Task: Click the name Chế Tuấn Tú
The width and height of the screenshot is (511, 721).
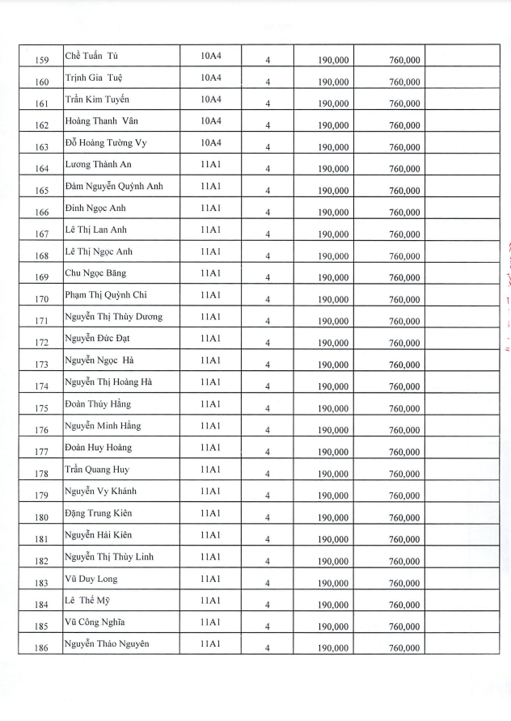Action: (99, 56)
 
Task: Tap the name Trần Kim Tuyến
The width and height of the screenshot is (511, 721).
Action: (97, 99)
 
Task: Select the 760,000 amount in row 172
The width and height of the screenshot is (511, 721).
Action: (404, 343)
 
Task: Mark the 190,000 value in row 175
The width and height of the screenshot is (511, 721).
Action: (333, 408)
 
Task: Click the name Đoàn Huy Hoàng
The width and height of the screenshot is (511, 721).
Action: (98, 448)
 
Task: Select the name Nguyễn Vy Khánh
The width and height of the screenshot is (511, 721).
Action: (101, 491)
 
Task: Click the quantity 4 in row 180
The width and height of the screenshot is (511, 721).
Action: (267, 517)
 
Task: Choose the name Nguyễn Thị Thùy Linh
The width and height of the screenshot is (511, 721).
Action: (110, 557)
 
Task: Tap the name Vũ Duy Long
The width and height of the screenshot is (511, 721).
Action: (91, 579)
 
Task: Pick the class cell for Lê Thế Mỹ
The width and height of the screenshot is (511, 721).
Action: (210, 601)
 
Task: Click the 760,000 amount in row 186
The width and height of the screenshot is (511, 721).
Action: (404, 648)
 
